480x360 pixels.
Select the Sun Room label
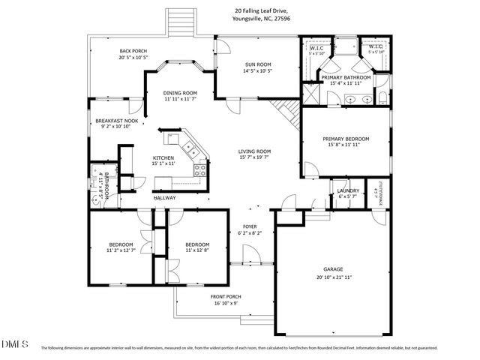pos(257,64)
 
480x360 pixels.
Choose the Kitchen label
pos(163,157)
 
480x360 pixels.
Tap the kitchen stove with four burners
pos(199,169)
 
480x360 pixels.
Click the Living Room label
pos(254,151)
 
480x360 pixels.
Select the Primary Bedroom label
pos(346,139)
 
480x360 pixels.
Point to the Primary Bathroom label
pos(346,77)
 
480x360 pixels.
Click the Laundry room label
pos(347,190)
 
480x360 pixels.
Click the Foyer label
pos(250,226)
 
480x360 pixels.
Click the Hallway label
pos(165,198)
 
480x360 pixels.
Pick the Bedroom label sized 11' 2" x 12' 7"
pos(121,244)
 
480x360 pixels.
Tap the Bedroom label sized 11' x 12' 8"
pos(196,244)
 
